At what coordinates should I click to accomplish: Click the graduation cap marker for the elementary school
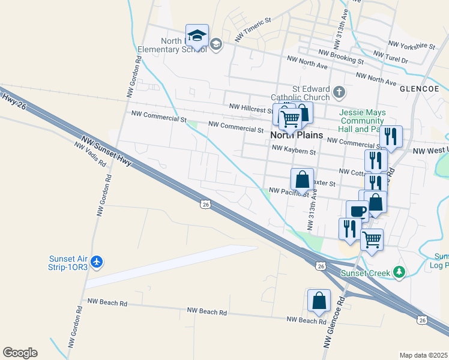197,37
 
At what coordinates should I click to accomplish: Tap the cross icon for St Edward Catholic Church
339,92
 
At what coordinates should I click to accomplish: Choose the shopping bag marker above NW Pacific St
302,179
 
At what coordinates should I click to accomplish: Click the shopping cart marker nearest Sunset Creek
372,240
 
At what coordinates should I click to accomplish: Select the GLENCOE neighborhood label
419,88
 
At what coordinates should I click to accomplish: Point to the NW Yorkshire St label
412,45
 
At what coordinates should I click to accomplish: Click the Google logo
20,353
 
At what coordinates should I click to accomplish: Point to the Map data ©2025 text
423,355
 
